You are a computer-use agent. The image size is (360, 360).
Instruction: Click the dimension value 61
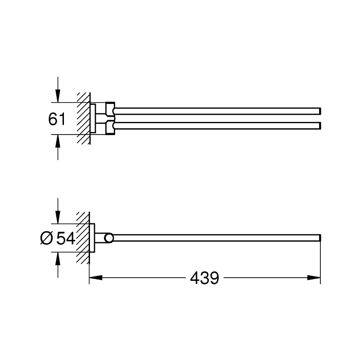click(x=57, y=119)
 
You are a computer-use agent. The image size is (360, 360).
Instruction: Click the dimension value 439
click(x=205, y=278)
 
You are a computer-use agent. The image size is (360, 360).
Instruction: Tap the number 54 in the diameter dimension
click(x=66, y=238)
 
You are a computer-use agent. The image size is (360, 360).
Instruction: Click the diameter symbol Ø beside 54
click(x=47, y=238)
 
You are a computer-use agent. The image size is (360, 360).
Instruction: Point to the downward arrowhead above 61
click(x=58, y=96)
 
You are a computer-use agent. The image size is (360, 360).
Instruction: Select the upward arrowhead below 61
click(x=58, y=141)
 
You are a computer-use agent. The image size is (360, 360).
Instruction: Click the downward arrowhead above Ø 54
click(x=58, y=217)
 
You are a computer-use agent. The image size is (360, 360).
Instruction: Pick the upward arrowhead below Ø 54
click(x=58, y=258)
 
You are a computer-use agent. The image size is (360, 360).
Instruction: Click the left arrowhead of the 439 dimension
click(x=96, y=278)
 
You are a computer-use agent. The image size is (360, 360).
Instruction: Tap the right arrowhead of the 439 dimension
click(x=314, y=278)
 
